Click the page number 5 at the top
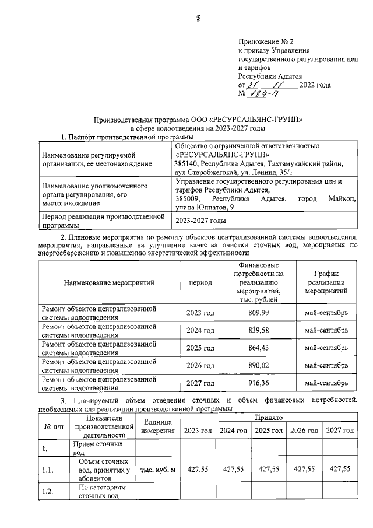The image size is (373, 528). pos(198,18)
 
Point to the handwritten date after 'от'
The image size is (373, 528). pos(271,85)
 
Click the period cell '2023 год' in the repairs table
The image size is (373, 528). pos(200,313)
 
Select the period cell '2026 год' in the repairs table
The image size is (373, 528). pos(200,365)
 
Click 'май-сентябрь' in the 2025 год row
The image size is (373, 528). pos(326,348)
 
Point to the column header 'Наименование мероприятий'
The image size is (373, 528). pos(110,282)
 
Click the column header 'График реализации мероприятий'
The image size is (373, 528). pos(326,282)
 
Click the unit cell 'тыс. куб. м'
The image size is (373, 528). pos(158,468)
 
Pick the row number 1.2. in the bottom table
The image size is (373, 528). pos(48,491)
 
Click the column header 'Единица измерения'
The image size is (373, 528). pos(158,426)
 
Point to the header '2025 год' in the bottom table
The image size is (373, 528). pos(269,431)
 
